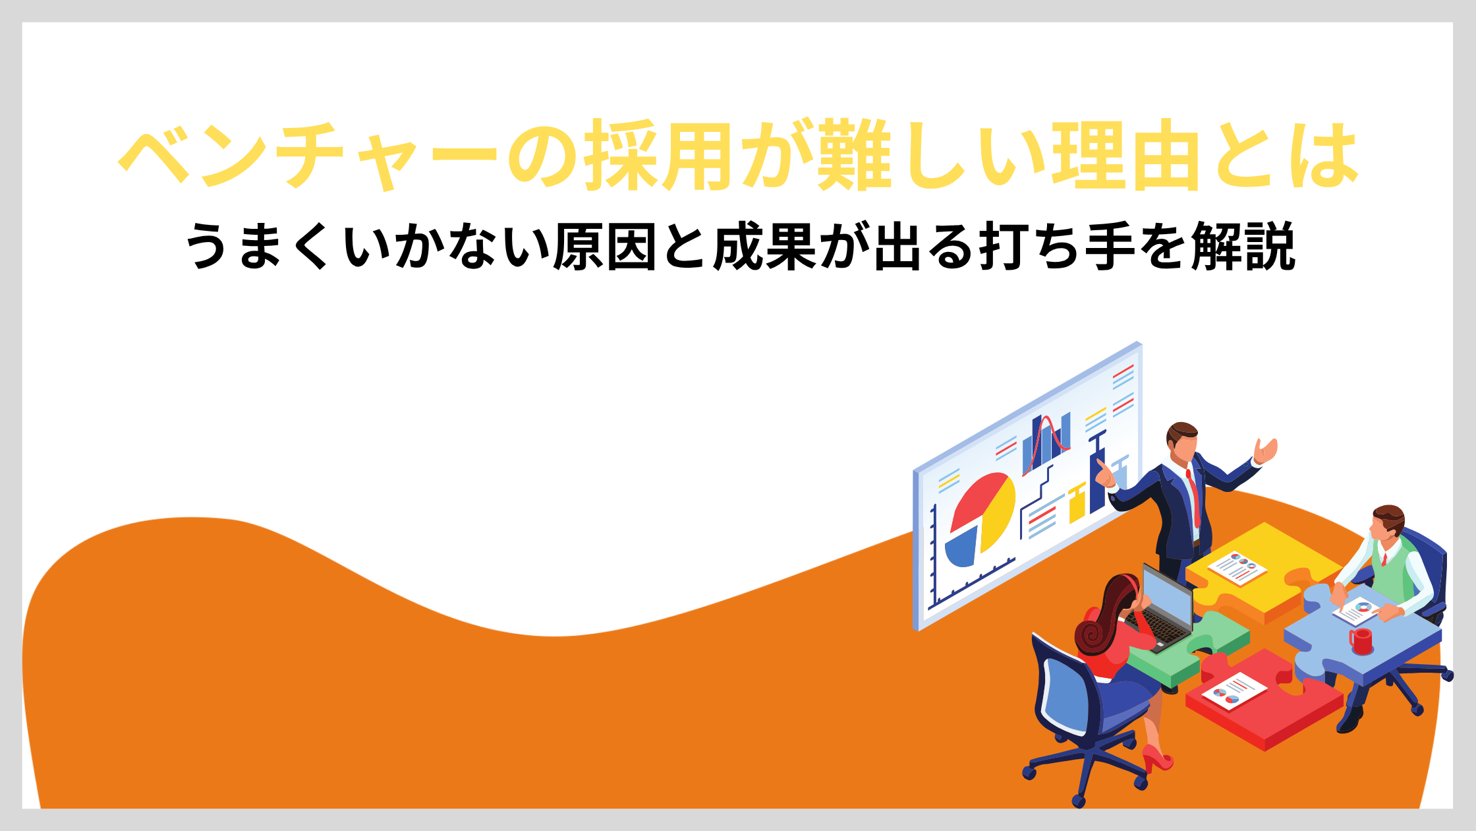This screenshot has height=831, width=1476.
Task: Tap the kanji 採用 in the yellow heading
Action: click(x=658, y=156)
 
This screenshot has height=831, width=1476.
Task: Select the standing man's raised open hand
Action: click(x=1265, y=451)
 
